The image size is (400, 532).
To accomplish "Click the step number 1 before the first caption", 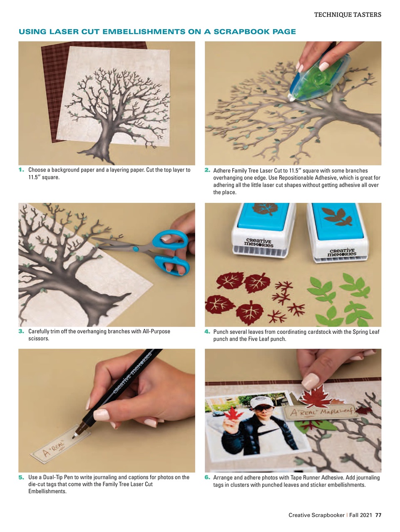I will pos(21,170).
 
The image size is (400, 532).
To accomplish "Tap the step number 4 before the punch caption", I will pos(207,332).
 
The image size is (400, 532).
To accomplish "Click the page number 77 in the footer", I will pos(378,515).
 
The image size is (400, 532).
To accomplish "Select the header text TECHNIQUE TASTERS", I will pos(347,15).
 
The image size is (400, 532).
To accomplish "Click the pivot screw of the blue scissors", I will pos(135,249).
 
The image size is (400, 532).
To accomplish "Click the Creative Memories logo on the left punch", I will pos(258,243).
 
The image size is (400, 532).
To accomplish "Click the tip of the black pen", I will pos(74,436).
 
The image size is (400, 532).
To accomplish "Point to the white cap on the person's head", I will pos(261,402).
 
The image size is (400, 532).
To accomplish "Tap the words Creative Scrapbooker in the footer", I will pos(316,515).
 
